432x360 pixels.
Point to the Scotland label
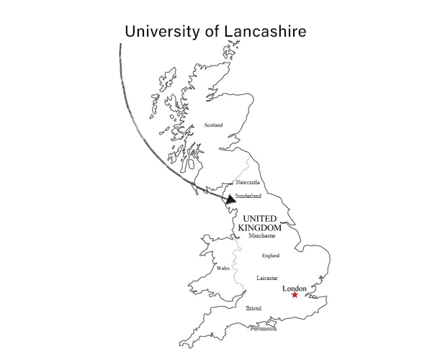tap(214, 125)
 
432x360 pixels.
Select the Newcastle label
tap(248, 183)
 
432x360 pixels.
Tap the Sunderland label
tap(248, 196)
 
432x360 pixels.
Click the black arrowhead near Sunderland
tap(230, 199)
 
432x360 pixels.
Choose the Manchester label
tap(263, 236)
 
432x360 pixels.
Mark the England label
tap(271, 256)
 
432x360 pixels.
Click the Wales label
tap(223, 269)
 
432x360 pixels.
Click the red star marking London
tap(294, 295)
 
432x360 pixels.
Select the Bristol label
tap(253, 308)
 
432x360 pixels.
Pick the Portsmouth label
tap(263, 328)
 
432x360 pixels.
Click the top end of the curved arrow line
tap(120, 45)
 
